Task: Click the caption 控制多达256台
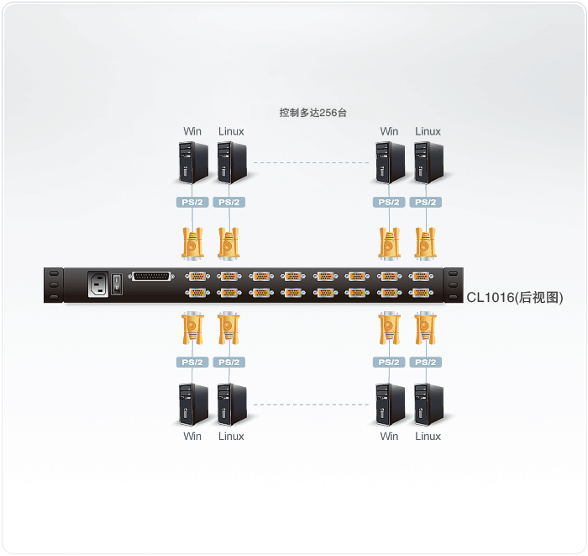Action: point(312,111)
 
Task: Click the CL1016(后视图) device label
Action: point(514,298)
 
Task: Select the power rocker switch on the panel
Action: point(118,285)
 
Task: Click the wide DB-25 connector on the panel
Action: point(152,278)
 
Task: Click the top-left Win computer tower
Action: point(193,162)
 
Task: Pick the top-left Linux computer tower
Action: point(231,162)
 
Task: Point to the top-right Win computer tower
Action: point(389,162)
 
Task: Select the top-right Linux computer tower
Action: point(428,162)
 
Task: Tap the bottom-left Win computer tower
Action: point(193,405)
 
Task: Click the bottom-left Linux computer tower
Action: point(231,405)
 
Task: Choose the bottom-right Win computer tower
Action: point(389,405)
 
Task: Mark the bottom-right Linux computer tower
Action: point(428,405)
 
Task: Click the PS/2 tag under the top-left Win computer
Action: point(192,203)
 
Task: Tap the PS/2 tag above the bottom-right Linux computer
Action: point(426,363)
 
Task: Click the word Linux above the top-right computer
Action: point(428,131)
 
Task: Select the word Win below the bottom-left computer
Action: point(192,437)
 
